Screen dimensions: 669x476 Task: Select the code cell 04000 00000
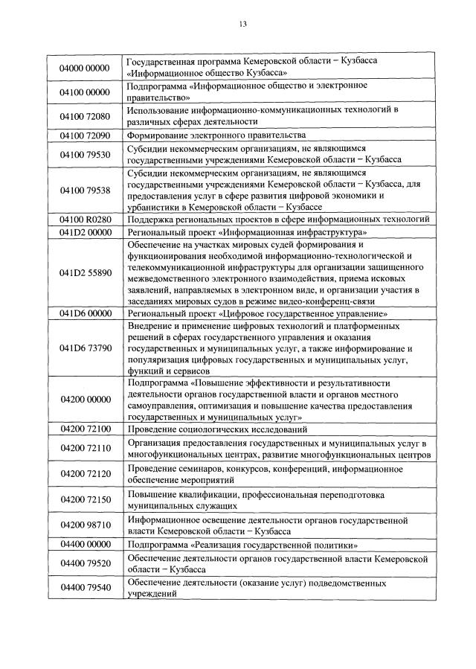pos(84,68)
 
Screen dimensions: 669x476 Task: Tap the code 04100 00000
pos(84,92)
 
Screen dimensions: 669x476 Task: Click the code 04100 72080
pos(84,116)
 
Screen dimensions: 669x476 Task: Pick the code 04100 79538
pos(84,190)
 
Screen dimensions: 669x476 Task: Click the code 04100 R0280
pos(84,219)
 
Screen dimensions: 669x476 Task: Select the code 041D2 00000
pos(84,232)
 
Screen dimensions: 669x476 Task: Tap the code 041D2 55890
pos(84,273)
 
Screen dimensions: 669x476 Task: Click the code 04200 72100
pos(84,429)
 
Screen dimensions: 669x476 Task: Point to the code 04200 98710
pos(84,525)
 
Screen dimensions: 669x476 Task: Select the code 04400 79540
pos(84,588)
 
